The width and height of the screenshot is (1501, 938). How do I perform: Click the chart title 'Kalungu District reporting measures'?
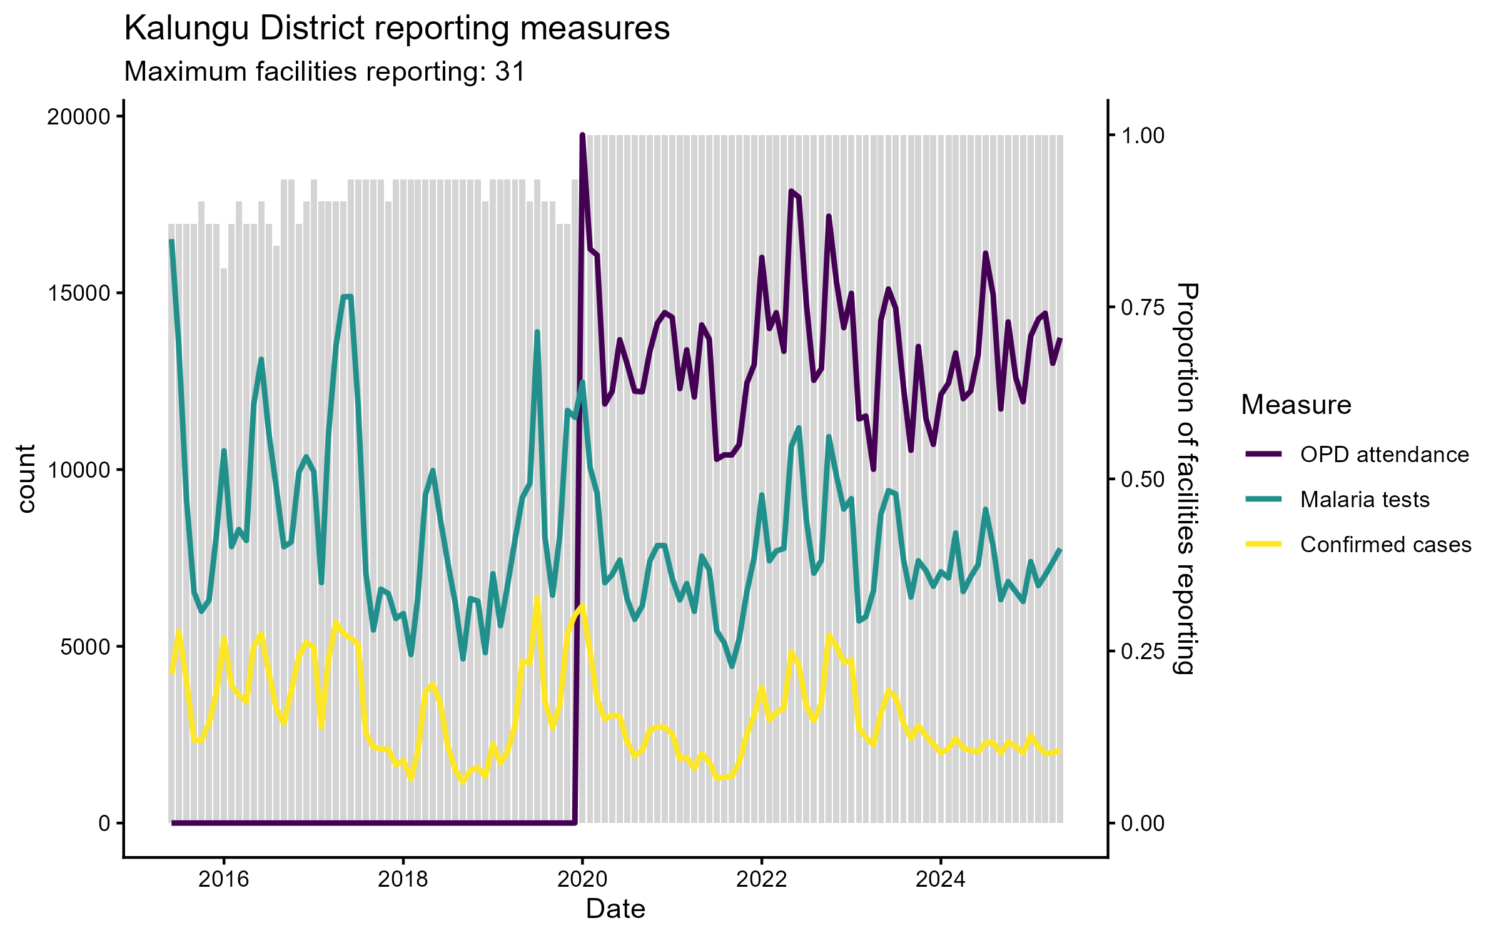pyautogui.click(x=397, y=29)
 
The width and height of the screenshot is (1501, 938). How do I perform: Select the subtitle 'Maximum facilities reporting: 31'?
pyautogui.click(x=325, y=72)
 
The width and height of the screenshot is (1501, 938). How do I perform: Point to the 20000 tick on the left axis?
pyautogui.click(x=78, y=117)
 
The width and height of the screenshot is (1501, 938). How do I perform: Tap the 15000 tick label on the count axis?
pyautogui.click(x=78, y=293)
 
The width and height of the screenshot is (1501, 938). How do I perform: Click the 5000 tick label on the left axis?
pyautogui.click(x=85, y=647)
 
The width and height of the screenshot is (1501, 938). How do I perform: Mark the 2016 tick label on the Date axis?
pyautogui.click(x=223, y=879)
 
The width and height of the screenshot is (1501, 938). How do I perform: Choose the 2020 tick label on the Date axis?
pyautogui.click(x=582, y=879)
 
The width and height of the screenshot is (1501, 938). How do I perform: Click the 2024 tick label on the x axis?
pyautogui.click(x=941, y=879)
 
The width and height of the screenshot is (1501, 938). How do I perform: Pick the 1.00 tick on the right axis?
pyautogui.click(x=1143, y=135)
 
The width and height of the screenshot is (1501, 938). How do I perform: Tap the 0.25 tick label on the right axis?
pyautogui.click(x=1143, y=651)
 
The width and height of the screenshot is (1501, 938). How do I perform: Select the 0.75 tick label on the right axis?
pyautogui.click(x=1143, y=307)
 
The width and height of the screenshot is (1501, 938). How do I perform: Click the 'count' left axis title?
pyautogui.click(x=26, y=478)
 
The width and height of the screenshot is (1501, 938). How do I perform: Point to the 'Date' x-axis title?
pyautogui.click(x=615, y=909)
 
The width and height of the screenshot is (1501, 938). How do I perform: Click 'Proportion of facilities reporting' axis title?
pyautogui.click(x=1186, y=478)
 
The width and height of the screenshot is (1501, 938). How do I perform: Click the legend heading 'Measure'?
pyautogui.click(x=1296, y=405)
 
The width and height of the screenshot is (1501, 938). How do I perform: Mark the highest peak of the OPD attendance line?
pyautogui.click(x=582, y=135)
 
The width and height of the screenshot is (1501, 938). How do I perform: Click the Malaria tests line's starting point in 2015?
pyautogui.click(x=172, y=241)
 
